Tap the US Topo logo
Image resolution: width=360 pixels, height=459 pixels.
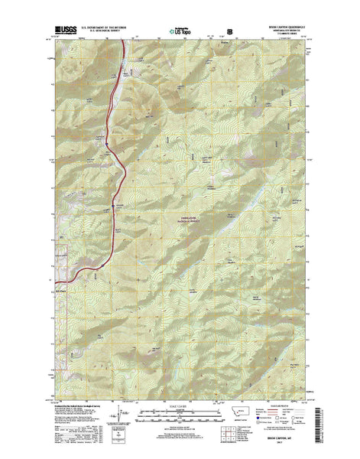tap(180, 32)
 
